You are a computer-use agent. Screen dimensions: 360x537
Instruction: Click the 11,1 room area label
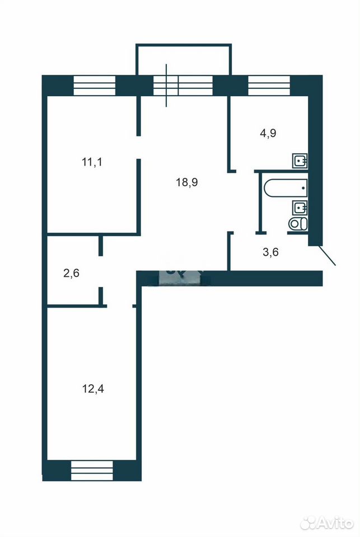tap(92, 162)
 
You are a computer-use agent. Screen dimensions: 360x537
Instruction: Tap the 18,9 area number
tap(187, 182)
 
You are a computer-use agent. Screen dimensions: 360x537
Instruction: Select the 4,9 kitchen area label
tap(268, 133)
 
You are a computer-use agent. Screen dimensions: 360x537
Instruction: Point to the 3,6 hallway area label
tap(270, 252)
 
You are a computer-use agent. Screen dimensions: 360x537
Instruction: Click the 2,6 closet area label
tap(72, 274)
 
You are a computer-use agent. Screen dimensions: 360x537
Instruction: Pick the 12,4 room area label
tap(93, 389)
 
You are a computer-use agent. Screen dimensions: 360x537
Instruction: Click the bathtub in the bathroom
tap(286, 188)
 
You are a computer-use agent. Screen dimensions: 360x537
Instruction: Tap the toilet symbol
tap(298, 224)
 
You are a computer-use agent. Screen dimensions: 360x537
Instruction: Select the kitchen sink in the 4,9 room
tap(300, 161)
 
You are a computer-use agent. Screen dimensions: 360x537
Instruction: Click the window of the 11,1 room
tap(95, 85)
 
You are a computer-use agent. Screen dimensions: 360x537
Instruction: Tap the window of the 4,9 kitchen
tap(269, 85)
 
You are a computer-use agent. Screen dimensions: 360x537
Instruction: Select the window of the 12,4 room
tap(92, 470)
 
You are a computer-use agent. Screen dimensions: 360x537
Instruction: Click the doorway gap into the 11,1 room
tap(139, 147)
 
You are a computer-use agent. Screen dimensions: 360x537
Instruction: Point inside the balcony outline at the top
tap(184, 59)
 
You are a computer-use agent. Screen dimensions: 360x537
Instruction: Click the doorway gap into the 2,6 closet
tap(101, 272)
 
